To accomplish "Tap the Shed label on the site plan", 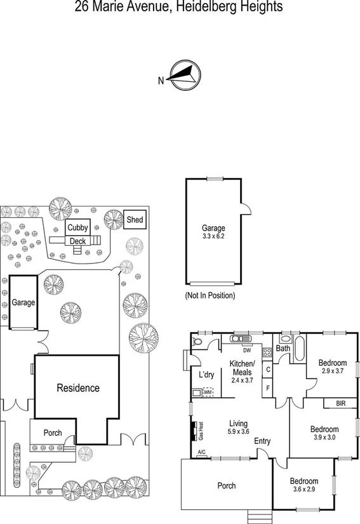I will pos(135,220).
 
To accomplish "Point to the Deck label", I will pos(77,241).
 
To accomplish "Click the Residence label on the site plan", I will pos(78,387).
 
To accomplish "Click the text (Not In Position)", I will pos(210,295).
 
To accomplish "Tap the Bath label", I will pos(283,349).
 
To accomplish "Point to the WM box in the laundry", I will pos(207,393).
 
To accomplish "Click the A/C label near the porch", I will pos(202,452).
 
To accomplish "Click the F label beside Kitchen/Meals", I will pos(268,387).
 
